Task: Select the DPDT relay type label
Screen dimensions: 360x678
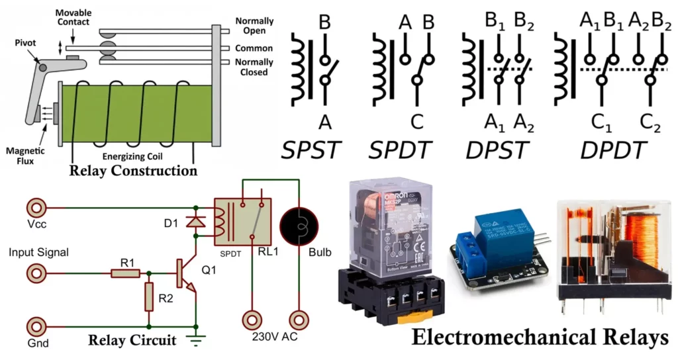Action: click(613, 151)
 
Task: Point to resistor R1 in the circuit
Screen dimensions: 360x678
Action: click(126, 273)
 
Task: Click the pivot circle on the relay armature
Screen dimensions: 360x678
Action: click(42, 66)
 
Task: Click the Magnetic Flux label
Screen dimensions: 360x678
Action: click(21, 155)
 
